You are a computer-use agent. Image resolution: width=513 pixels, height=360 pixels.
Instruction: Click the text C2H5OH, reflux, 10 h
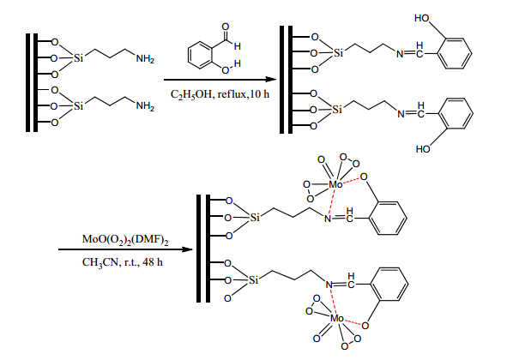pos(220,95)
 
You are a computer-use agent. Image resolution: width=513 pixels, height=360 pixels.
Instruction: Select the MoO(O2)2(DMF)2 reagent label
pos(125,240)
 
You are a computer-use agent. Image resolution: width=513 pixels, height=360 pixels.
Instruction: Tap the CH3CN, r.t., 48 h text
pos(123,262)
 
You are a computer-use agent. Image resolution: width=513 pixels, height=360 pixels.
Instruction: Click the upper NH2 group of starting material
pos(145,59)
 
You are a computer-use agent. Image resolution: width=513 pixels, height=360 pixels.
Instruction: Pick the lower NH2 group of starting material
pos(145,106)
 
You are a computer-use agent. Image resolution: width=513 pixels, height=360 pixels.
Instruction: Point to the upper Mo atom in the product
pos(335,185)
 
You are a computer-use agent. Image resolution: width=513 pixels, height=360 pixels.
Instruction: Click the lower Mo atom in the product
pos(337,318)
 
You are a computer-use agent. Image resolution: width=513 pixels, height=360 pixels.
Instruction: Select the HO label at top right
pos(422,18)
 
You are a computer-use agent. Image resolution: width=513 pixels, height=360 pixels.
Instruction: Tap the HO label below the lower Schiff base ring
pos(423,149)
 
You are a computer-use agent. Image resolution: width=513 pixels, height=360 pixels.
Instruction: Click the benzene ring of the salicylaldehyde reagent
pos(200,55)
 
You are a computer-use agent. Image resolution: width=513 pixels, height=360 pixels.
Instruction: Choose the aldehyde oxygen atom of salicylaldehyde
pos(226,27)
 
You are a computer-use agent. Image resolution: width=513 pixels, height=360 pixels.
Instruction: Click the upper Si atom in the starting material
pos(78,58)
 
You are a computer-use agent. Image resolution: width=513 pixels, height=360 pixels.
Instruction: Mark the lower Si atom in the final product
pos(253,280)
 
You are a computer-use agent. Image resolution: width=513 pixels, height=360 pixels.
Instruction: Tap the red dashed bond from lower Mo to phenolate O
pos(353,322)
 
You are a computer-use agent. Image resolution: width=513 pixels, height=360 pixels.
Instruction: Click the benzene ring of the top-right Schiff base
pos(455,53)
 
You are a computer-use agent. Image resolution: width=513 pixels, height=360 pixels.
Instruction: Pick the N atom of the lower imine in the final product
pos(329,285)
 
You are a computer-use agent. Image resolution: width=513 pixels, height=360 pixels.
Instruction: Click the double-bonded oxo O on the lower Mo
pos(317,339)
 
